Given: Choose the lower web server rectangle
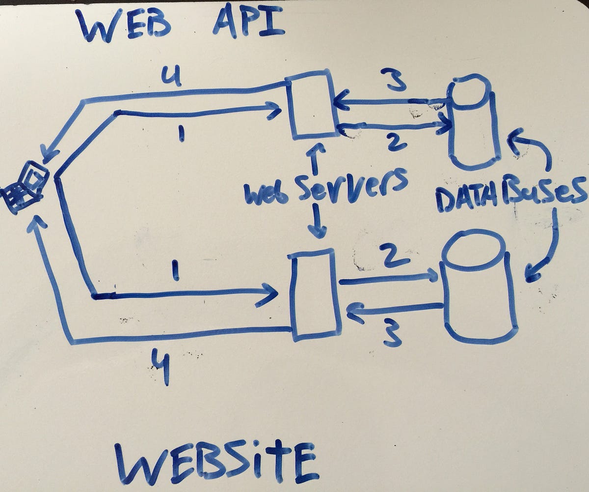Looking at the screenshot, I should (315, 294).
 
